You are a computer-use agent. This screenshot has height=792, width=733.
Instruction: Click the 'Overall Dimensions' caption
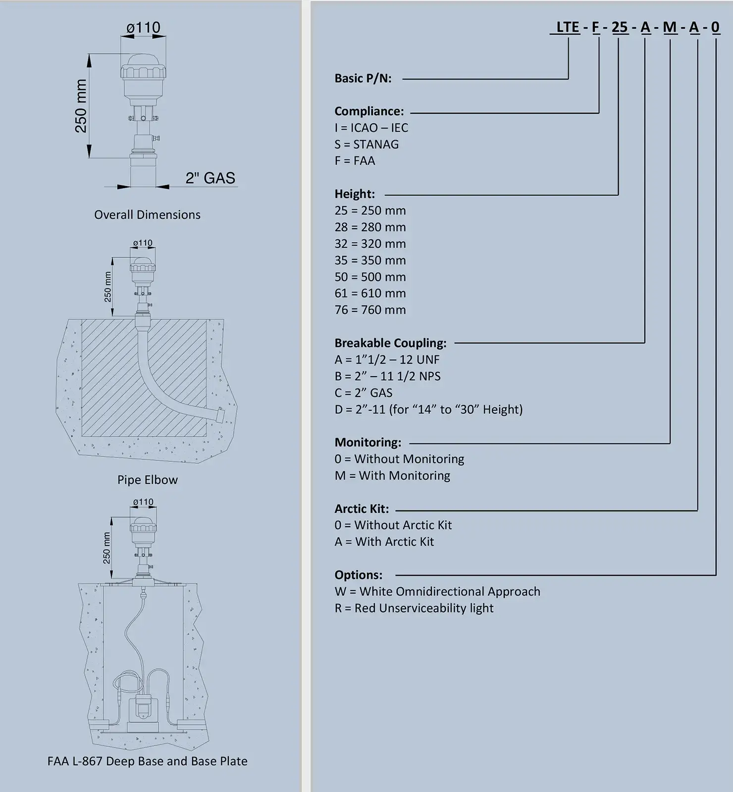(147, 215)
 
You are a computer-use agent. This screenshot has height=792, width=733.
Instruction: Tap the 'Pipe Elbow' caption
(147, 480)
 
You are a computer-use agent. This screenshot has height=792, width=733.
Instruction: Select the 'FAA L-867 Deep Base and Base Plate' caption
(147, 761)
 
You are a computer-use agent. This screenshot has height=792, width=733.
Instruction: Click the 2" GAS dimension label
(210, 178)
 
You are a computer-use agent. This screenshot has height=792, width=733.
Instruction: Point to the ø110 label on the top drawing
(144, 27)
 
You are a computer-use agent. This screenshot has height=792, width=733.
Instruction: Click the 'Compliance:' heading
(369, 111)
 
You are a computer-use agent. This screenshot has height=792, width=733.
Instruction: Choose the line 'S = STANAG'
(366, 144)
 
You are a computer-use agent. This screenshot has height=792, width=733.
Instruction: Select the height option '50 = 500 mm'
(370, 277)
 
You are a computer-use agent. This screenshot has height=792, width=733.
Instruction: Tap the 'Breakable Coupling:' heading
(390, 343)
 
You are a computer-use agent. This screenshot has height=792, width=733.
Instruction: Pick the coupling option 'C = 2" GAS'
(364, 393)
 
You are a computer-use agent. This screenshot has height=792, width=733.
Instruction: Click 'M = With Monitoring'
(392, 476)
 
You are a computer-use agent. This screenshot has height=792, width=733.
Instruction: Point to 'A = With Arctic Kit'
(384, 542)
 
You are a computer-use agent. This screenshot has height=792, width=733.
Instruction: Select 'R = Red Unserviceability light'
(414, 608)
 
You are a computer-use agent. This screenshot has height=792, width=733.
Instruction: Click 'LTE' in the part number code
(568, 27)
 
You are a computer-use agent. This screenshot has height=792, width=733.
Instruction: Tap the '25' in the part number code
(620, 27)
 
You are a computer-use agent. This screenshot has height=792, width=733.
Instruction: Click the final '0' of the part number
(716, 27)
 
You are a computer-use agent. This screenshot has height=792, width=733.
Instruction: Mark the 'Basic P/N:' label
(363, 78)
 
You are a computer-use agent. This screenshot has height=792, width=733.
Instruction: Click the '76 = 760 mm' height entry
(370, 310)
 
